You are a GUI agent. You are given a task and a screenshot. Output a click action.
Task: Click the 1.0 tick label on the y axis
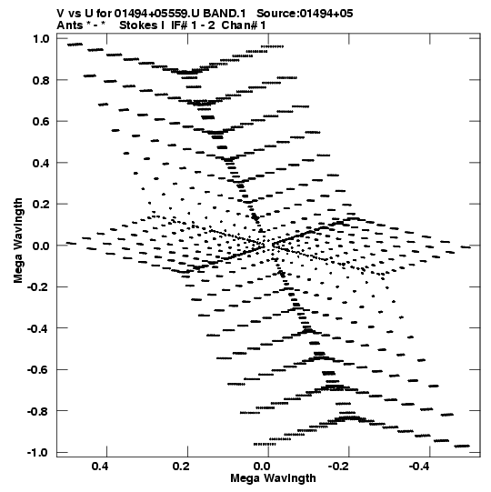tap(41, 38)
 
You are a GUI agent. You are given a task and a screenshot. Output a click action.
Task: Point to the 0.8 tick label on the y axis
tap(41, 80)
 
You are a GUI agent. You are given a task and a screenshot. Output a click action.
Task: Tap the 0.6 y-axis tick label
tap(41, 122)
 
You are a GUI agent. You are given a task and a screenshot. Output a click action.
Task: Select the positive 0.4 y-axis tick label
tap(41, 163)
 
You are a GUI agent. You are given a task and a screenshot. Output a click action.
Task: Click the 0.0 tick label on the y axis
tap(41, 246)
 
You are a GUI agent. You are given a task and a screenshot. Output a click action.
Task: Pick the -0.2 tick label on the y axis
tap(38, 287)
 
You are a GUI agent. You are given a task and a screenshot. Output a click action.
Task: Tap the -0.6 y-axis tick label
tap(38, 370)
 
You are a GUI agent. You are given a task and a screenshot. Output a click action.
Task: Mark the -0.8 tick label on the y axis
tap(38, 411)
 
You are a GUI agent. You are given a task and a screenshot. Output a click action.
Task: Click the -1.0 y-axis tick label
tap(38, 453)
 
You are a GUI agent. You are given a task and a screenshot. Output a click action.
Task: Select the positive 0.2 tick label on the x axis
tap(181, 467)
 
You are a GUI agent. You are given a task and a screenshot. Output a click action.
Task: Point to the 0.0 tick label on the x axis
tap(262, 467)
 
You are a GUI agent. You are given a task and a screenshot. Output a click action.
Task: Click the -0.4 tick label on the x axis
tap(420, 467)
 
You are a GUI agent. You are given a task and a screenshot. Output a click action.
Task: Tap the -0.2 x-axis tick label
tap(340, 467)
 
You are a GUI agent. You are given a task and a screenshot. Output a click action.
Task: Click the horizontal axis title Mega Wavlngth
tap(273, 478)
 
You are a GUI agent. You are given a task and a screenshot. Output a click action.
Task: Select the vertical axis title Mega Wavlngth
tap(18, 241)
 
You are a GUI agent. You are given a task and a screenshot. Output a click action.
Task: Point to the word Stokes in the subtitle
tap(139, 25)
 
